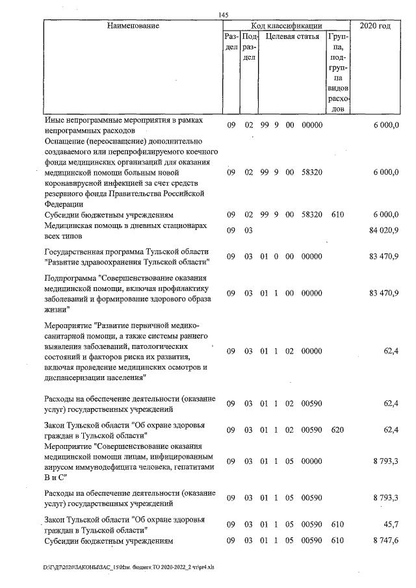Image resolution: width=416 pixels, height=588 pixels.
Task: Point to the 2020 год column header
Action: [375, 26]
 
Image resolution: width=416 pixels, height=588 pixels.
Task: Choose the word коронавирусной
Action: [75, 183]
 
